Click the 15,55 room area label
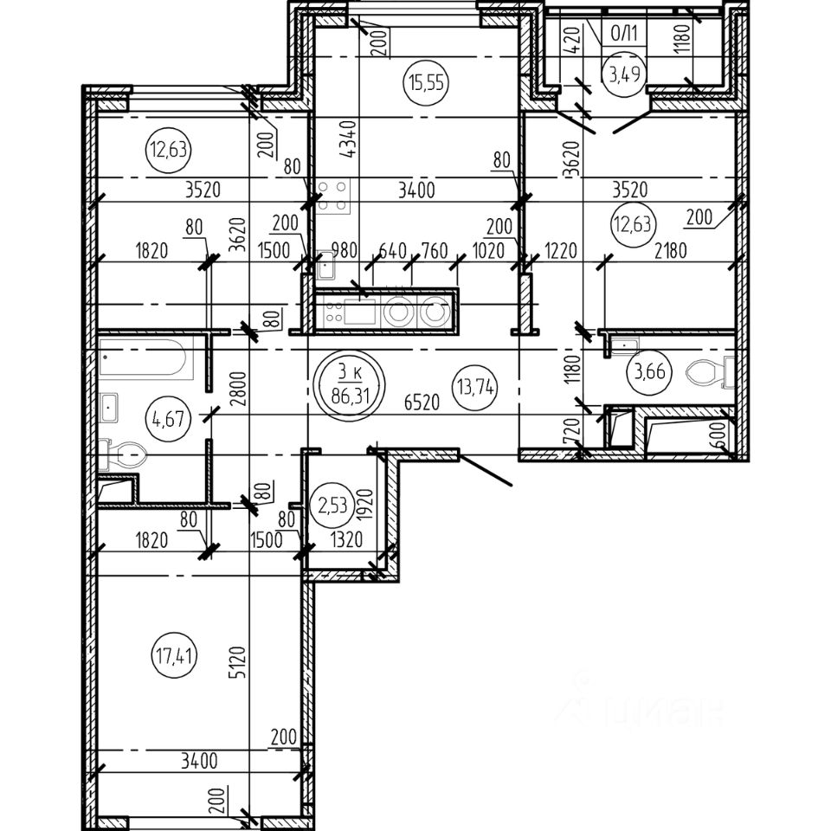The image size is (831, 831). click(418, 84)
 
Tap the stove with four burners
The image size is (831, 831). click(332, 196)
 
